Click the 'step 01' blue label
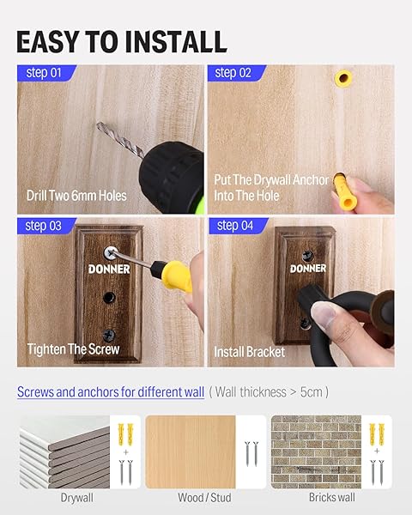tap(46, 73)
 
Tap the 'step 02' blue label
tap(236, 73)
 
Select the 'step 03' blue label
tap(46, 226)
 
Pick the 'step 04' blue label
tap(237, 226)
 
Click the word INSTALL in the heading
tap(176, 42)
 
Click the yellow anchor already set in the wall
tap(343, 78)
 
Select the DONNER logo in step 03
tap(109, 270)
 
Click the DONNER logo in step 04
tap(308, 269)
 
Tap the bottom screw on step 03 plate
tap(109, 335)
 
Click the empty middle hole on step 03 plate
tap(109, 297)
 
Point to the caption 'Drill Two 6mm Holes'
tap(76, 196)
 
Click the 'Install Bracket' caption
tap(250, 352)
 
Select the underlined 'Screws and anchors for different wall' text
tap(111, 392)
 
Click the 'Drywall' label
tap(77, 498)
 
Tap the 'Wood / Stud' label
tap(204, 497)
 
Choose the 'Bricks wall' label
tap(332, 497)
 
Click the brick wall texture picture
tap(316, 451)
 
